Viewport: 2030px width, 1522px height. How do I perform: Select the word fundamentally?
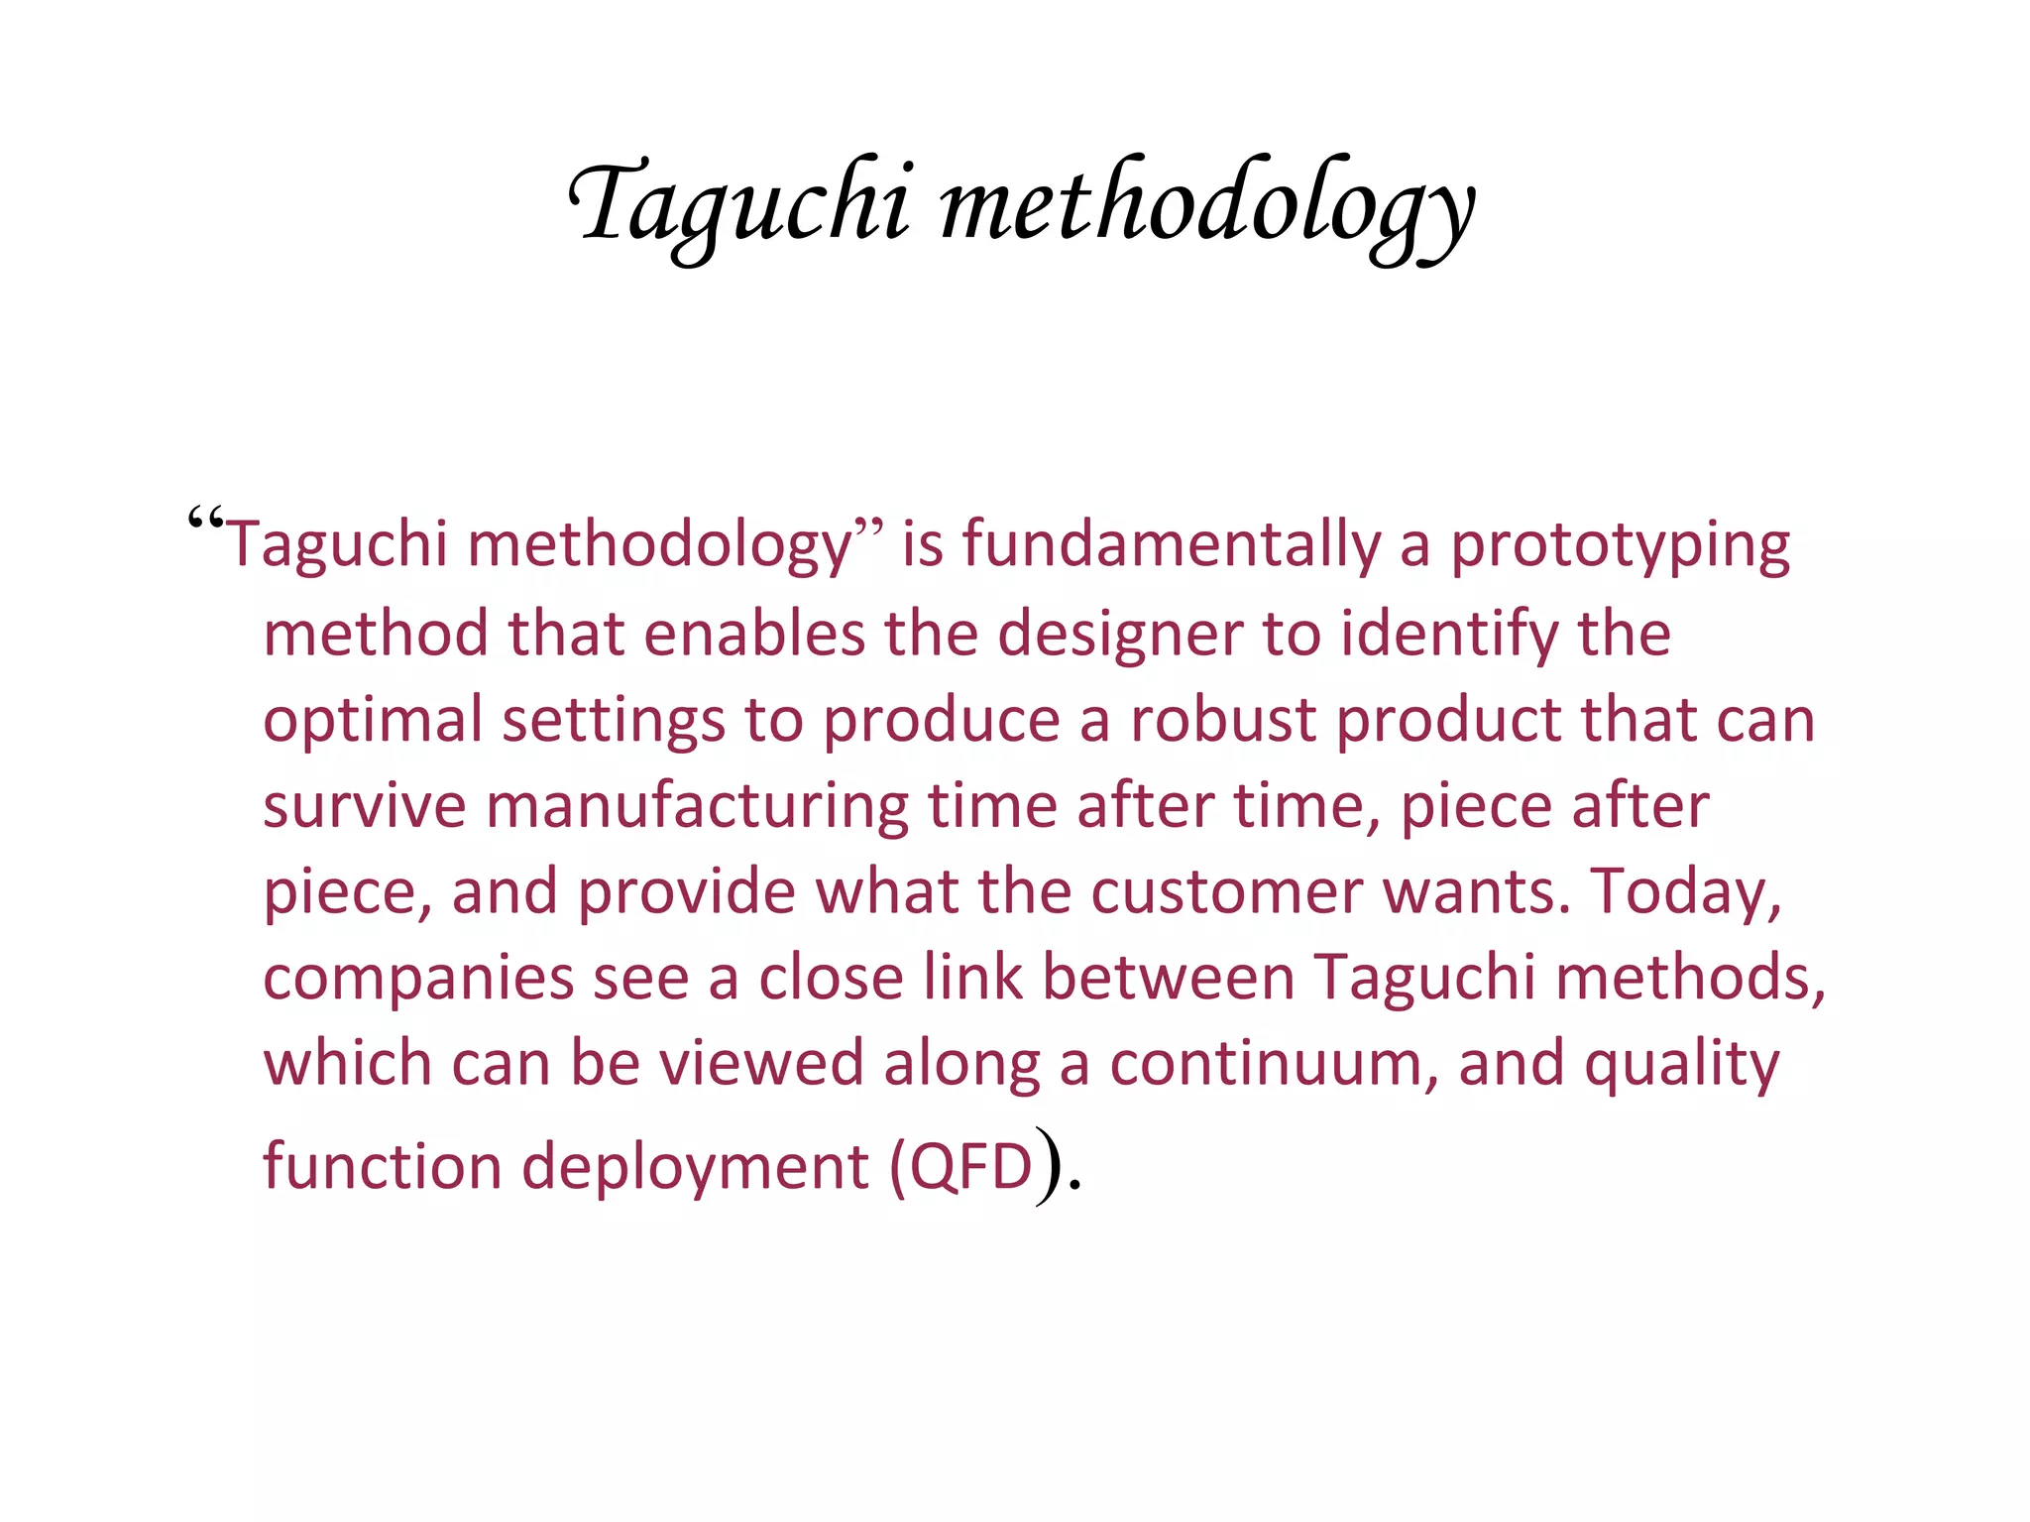point(1171,545)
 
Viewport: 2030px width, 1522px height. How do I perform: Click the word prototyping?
point(1621,547)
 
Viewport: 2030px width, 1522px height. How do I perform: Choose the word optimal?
point(372,721)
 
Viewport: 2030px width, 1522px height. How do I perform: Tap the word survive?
point(364,805)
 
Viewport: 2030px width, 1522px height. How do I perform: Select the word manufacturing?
point(697,807)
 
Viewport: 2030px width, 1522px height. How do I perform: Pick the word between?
point(1169,977)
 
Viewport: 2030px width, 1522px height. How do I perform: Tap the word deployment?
point(695,1168)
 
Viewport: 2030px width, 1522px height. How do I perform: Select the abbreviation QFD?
point(971,1167)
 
